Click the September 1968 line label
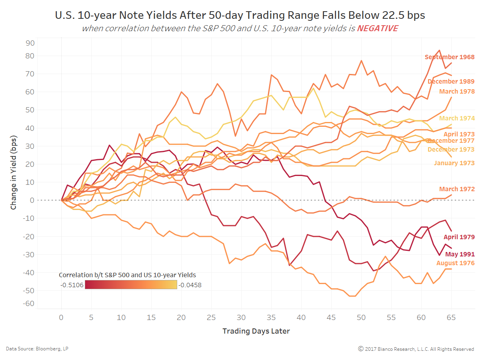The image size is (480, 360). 449,57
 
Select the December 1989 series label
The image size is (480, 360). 451,82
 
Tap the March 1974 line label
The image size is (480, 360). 457,118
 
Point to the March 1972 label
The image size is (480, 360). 457,189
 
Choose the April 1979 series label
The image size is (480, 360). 459,237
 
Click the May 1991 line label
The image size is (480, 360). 460,254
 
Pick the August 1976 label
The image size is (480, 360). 455,263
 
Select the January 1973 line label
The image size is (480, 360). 454,163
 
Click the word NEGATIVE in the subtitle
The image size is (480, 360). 377,28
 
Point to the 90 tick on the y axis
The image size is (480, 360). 30,43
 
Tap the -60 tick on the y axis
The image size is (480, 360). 29,304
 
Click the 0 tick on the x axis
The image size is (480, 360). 61,317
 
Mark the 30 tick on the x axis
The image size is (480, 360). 241,317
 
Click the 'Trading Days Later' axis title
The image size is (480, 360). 256,331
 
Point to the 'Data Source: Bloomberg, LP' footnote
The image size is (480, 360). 37,349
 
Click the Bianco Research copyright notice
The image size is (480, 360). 416,349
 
